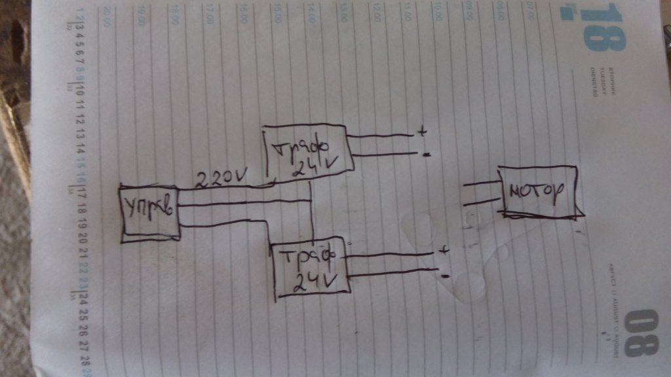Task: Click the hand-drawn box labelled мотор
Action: coord(538,190)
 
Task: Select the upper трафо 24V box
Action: coord(307,152)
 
